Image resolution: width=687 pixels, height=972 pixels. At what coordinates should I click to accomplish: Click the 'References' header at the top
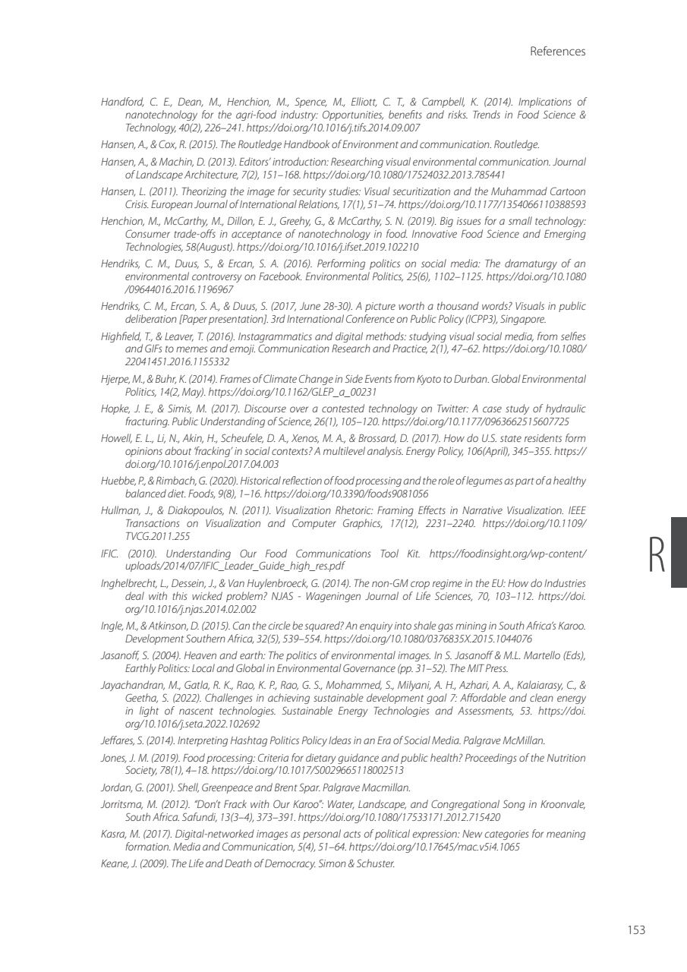click(x=557, y=52)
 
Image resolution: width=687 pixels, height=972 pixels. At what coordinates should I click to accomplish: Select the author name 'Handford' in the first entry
click(x=118, y=101)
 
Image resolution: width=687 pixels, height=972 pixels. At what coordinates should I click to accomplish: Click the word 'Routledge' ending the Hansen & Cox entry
click(x=518, y=143)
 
